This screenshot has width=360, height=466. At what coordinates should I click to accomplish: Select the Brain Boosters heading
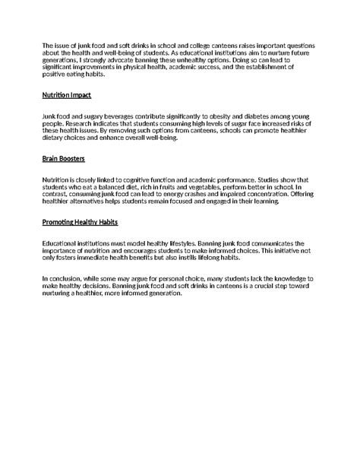[x=64, y=160]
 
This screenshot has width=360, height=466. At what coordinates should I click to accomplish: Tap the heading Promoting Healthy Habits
[x=81, y=223]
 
